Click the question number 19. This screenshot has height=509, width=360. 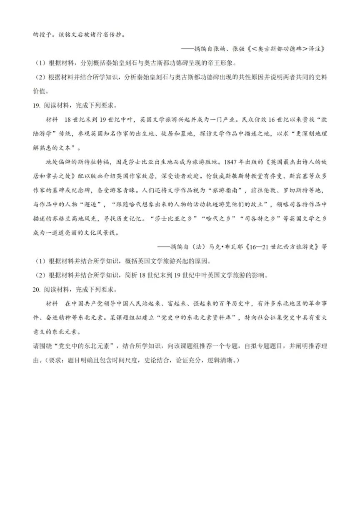point(36,105)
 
